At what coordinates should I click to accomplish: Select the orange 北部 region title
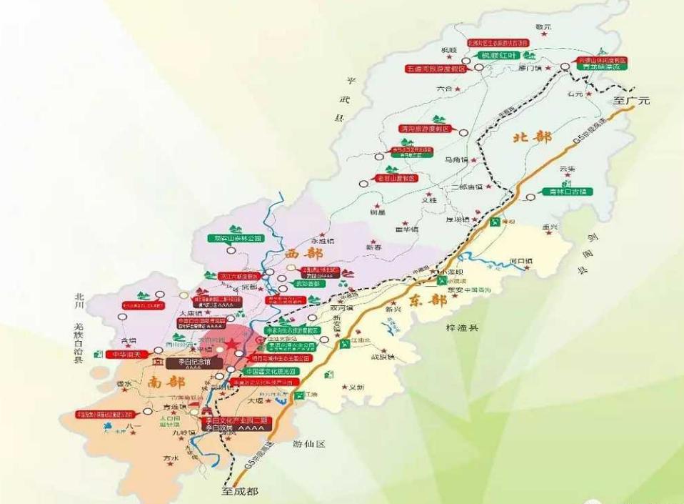coord(530,137)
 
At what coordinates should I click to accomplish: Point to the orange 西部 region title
coord(304,254)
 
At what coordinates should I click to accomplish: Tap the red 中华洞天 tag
coord(126,354)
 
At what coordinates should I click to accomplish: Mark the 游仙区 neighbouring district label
coord(309,444)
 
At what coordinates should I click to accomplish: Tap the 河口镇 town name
coord(522,262)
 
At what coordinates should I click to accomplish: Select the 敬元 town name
coord(543,26)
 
